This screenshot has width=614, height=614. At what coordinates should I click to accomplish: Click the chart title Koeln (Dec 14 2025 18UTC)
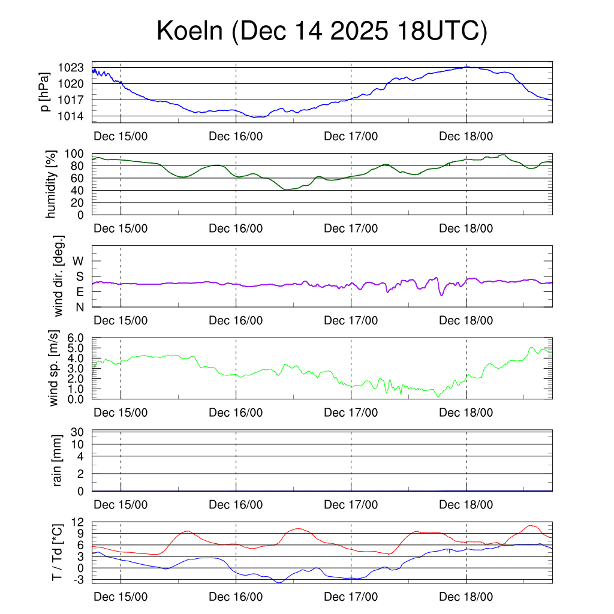tap(321, 31)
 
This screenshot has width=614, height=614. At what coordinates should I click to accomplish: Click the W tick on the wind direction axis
tap(79, 261)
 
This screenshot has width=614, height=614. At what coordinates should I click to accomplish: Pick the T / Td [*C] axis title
tap(57, 552)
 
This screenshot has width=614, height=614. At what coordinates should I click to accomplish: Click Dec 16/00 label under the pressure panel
tap(236, 136)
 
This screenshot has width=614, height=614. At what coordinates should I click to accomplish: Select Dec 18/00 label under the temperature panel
tap(466, 597)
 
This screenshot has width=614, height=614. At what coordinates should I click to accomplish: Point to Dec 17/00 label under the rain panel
tap(351, 505)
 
